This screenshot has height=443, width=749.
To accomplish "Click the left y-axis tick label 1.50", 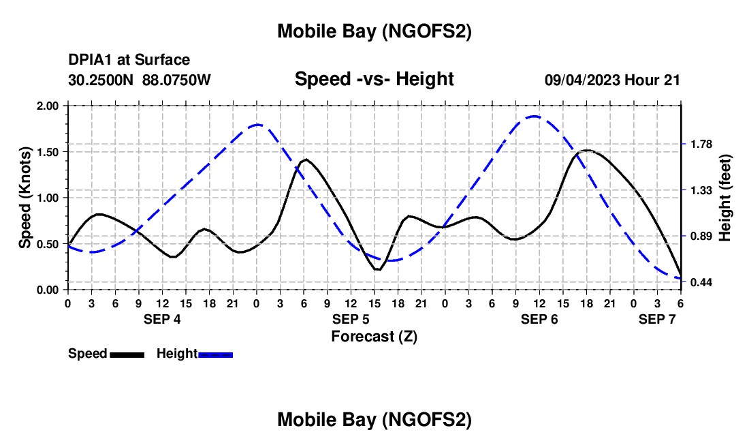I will click(x=47, y=151).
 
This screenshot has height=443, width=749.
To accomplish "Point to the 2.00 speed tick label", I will click(x=47, y=106).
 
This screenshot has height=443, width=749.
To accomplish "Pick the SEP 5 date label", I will click(x=351, y=319).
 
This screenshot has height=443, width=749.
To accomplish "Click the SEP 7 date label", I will click(x=656, y=319).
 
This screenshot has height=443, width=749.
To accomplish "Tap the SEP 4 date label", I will click(x=162, y=319).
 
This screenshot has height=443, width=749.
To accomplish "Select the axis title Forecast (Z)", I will click(x=374, y=336).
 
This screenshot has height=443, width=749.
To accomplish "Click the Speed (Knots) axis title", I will click(x=25, y=198).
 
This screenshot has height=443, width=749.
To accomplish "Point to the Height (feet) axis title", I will click(x=724, y=198).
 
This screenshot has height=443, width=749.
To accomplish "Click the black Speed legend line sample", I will click(x=127, y=354).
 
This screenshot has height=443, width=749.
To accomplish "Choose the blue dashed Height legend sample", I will click(x=215, y=354).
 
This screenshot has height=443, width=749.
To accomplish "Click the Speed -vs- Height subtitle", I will click(x=374, y=79).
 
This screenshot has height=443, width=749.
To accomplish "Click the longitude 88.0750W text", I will click(x=177, y=80).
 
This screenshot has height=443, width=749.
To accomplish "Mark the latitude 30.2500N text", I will click(x=102, y=80).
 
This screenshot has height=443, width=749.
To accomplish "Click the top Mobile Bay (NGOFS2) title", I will click(x=374, y=31).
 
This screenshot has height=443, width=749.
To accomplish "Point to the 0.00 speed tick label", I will click(x=47, y=290).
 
